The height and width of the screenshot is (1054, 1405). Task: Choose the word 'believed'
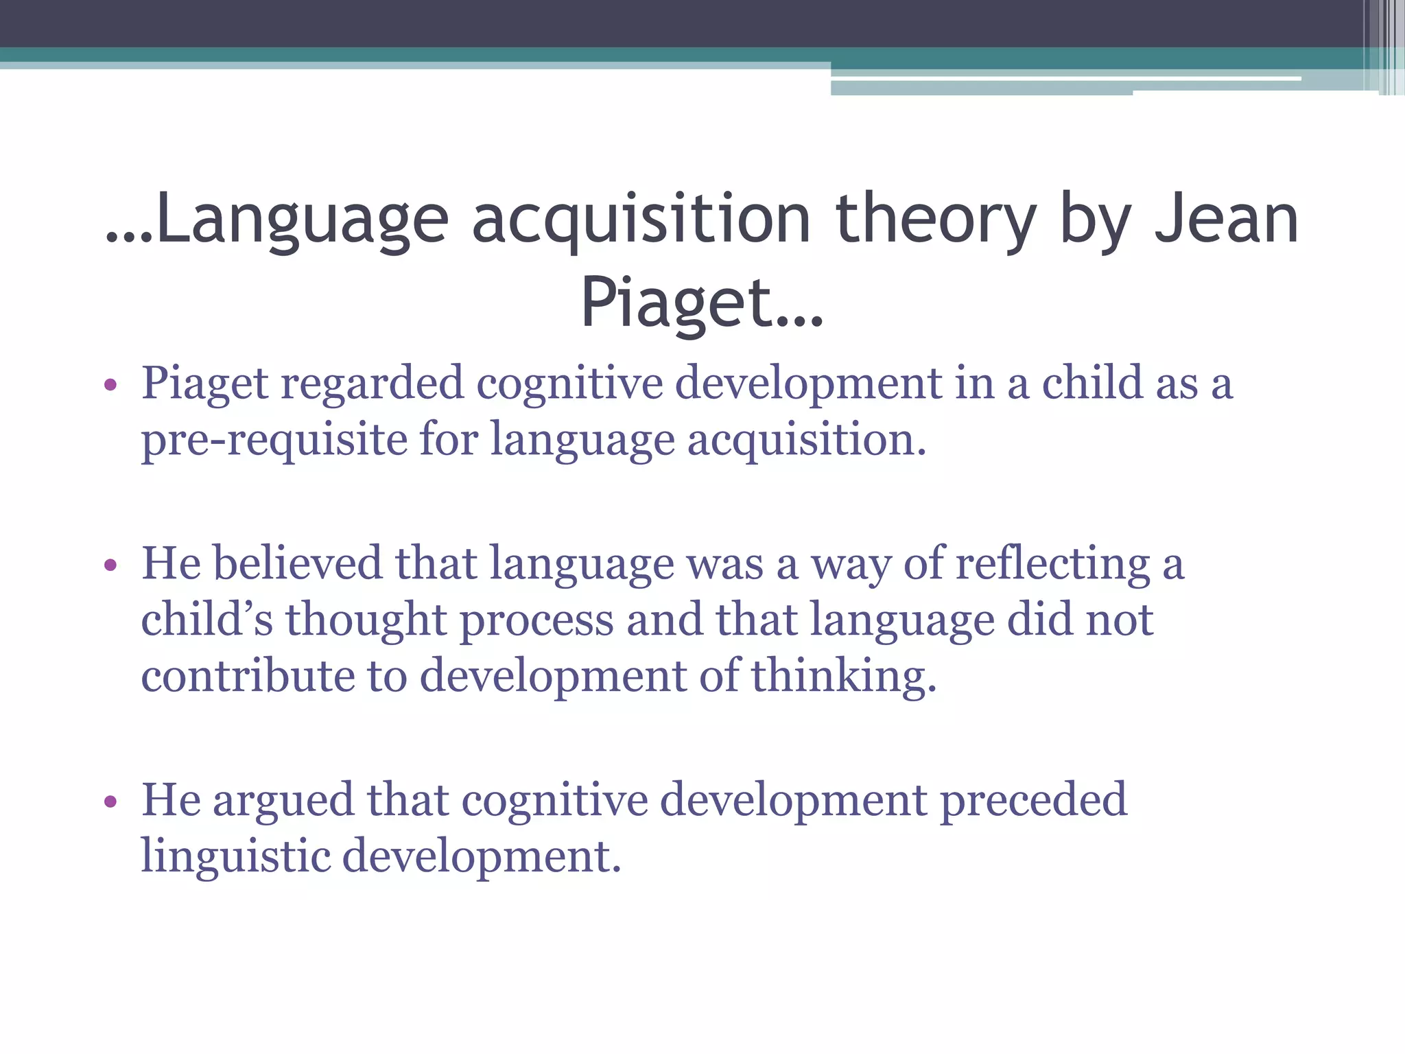click(297, 563)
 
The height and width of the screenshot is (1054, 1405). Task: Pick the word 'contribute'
click(248, 676)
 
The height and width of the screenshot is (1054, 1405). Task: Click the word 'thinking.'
click(844, 676)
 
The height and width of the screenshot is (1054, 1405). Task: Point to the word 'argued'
click(283, 800)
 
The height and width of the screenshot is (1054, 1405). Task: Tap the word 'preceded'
click(1033, 800)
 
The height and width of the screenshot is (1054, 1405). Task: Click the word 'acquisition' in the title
click(641, 220)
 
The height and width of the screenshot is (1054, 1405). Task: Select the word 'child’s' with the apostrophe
click(206, 620)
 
